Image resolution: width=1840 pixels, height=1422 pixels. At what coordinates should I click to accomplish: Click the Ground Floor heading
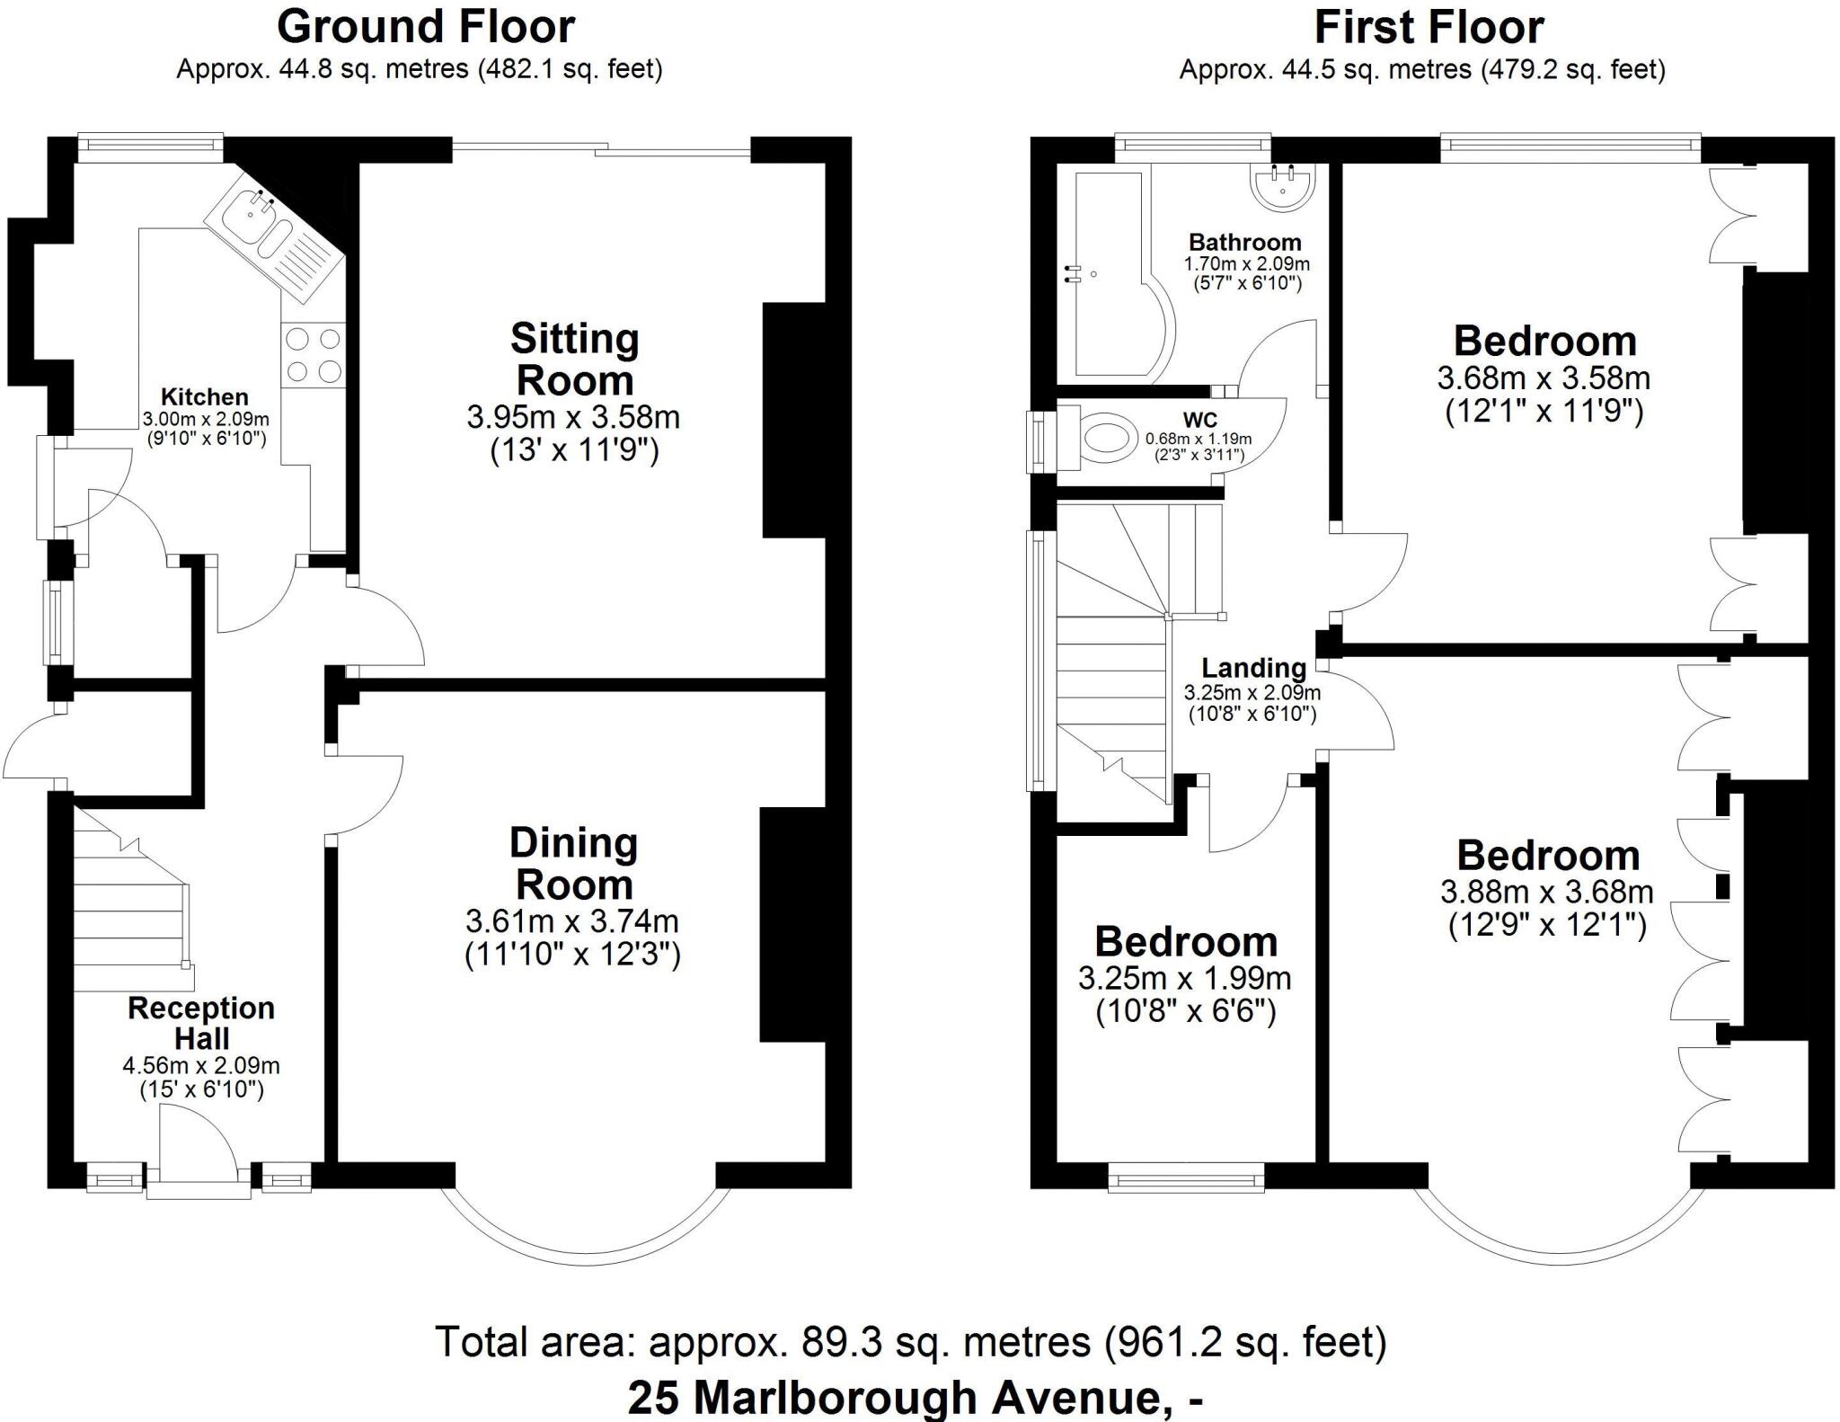[x=425, y=27]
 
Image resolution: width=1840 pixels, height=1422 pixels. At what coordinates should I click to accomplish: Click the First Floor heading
[x=1429, y=27]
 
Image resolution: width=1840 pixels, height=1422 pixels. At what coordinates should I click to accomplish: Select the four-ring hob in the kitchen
[x=313, y=354]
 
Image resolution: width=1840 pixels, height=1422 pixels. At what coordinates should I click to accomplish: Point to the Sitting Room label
[x=574, y=360]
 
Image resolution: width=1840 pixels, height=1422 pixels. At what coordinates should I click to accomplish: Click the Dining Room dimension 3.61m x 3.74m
[x=572, y=921]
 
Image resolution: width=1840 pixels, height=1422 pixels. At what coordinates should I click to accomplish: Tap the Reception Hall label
[x=201, y=1023]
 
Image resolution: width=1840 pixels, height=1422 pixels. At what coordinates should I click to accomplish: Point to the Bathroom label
[x=1244, y=242]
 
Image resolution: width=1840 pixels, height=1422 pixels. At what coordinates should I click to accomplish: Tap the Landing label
[x=1253, y=668]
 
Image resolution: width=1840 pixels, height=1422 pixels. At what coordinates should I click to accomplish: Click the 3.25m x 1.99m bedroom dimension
[x=1185, y=978]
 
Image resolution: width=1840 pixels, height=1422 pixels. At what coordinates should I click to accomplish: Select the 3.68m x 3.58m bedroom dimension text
[x=1544, y=378]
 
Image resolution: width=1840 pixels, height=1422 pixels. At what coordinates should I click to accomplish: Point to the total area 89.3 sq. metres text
[x=910, y=1341]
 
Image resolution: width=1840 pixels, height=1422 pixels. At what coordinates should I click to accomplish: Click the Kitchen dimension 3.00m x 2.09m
[x=206, y=419]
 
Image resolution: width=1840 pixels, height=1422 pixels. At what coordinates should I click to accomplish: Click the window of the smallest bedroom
[x=1186, y=1177]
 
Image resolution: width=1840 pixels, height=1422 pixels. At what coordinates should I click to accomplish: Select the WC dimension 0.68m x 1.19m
[x=1198, y=439]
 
